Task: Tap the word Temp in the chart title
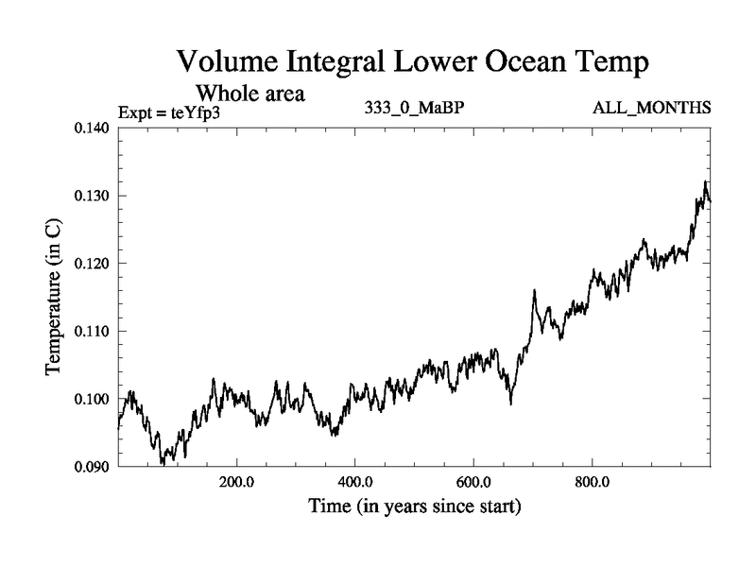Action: tap(610, 64)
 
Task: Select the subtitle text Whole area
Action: tap(249, 94)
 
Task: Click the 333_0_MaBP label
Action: tap(414, 108)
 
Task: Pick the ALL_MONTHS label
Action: tap(651, 108)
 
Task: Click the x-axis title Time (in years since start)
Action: tap(414, 507)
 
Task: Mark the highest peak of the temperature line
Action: tap(705, 181)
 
